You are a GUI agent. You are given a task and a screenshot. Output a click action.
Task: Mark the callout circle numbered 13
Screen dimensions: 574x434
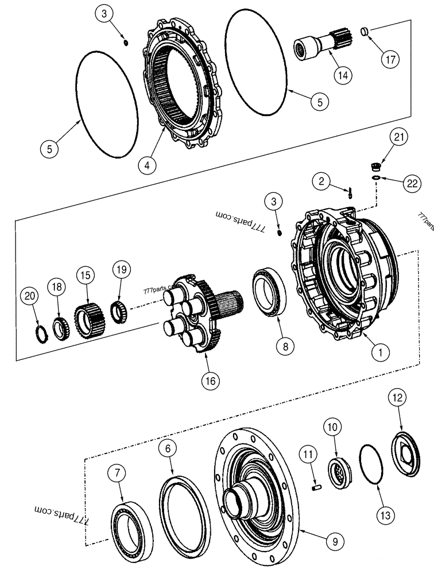(x=385, y=515)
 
